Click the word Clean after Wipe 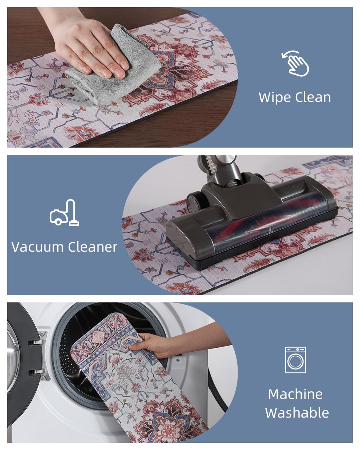click(x=313, y=97)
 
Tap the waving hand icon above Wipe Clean click(x=295, y=63)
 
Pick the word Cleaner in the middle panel click(x=93, y=247)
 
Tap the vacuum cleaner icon click(x=64, y=212)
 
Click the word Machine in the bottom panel click(x=295, y=394)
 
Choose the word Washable click(x=297, y=413)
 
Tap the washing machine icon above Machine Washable click(x=295, y=360)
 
